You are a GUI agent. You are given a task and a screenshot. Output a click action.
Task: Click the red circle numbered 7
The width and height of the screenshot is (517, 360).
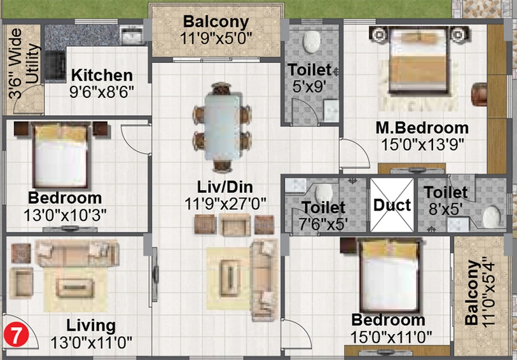click(x=17, y=335)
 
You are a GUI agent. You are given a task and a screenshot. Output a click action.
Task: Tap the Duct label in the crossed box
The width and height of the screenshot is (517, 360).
click(x=392, y=205)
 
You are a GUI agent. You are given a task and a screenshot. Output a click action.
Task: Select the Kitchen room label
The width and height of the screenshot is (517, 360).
click(x=102, y=76)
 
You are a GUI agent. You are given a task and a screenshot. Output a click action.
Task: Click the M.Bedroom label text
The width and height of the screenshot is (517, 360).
click(x=422, y=128)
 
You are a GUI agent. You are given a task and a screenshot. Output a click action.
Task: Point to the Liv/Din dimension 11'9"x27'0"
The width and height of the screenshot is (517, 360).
click(x=225, y=204)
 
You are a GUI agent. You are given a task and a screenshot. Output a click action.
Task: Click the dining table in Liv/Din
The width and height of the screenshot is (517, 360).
click(x=222, y=127)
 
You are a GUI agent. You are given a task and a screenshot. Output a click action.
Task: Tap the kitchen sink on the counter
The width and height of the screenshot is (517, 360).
click(x=132, y=35)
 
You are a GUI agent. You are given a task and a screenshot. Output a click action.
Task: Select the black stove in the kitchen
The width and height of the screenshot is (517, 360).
click(x=55, y=65)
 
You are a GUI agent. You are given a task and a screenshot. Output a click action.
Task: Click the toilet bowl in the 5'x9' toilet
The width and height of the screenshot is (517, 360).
click(x=312, y=42)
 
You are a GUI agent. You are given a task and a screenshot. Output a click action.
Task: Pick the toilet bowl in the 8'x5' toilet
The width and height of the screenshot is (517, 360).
click(x=492, y=216)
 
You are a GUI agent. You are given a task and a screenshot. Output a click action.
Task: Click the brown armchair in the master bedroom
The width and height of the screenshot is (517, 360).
click(x=479, y=95)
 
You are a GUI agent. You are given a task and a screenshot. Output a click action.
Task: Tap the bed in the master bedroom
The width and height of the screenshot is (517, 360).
click(x=418, y=60)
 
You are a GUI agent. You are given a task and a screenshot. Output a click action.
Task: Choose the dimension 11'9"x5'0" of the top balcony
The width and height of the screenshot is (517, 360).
click(x=216, y=38)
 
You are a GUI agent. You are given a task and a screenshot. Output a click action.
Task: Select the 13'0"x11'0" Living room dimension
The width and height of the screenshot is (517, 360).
click(x=92, y=343)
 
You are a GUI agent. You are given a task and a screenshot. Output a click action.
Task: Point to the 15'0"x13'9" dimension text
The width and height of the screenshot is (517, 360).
click(x=423, y=144)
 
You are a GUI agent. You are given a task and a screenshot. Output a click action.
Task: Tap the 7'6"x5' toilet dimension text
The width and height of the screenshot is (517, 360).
click(x=324, y=224)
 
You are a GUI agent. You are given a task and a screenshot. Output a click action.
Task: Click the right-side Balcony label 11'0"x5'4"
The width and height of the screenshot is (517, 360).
click(x=479, y=293)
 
